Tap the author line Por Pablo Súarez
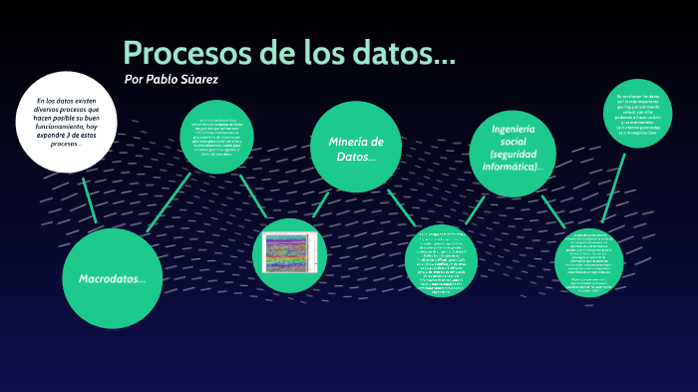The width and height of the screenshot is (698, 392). [171, 79]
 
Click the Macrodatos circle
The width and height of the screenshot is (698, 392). [112, 278]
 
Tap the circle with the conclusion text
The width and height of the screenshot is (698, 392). [638, 113]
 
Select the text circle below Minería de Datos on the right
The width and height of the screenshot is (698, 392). [442, 262]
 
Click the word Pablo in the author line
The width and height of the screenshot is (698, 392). [166, 79]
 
